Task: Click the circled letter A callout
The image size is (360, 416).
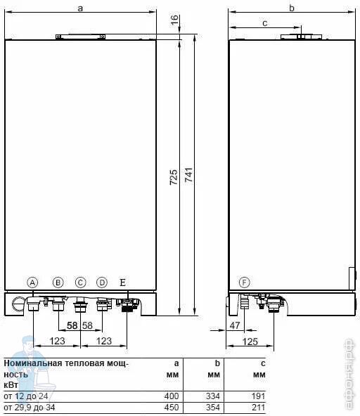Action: (32, 282)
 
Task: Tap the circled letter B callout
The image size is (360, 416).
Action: (58, 282)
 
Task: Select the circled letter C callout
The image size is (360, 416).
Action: (80, 282)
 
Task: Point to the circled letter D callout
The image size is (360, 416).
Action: (102, 282)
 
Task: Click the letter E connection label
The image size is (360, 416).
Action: (122, 282)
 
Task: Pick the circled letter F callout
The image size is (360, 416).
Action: (244, 282)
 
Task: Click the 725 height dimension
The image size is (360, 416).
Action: (174, 177)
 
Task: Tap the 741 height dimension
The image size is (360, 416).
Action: (188, 175)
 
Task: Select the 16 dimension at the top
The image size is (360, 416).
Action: (174, 20)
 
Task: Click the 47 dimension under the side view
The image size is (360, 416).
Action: (235, 325)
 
